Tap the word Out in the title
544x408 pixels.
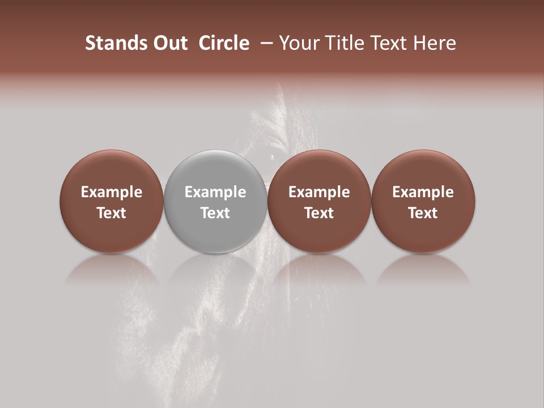[169, 43]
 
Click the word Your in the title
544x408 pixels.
[300, 43]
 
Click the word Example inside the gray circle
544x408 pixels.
[215, 192]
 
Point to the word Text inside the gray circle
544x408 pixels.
[215, 213]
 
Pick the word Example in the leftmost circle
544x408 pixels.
[112, 192]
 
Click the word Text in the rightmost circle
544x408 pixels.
[423, 213]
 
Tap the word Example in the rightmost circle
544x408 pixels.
[423, 192]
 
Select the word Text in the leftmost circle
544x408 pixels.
[112, 213]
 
